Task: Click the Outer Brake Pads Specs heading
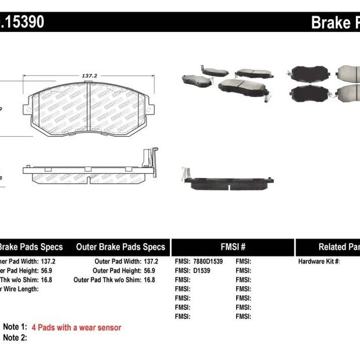tap(121, 247)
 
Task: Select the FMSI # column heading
tap(233, 247)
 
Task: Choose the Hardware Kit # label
tap(319, 262)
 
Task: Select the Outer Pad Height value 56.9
tap(149, 270)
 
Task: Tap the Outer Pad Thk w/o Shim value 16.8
tap(149, 280)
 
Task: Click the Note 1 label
tap(15, 327)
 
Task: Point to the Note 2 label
tap(15, 337)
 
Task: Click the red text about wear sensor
tap(76, 327)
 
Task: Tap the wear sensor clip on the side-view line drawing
tap(151, 160)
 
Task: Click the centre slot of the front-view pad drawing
tap(87, 111)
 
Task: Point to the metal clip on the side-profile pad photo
tap(184, 173)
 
